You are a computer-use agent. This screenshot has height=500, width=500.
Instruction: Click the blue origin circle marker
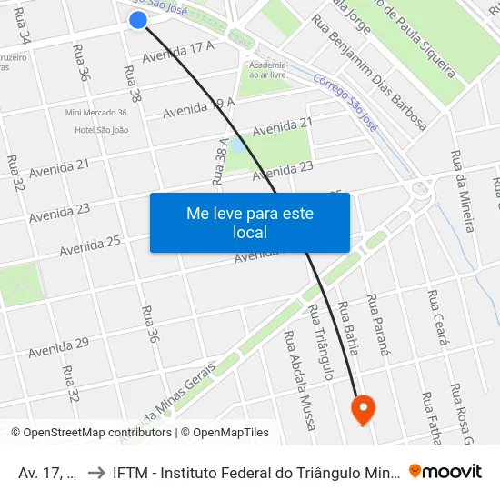[x=138, y=20]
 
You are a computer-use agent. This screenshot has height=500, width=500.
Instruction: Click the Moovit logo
[x=445, y=472]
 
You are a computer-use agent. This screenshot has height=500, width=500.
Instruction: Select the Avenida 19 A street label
[x=198, y=107]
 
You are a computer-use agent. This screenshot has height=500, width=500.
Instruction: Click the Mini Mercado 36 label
[x=96, y=113]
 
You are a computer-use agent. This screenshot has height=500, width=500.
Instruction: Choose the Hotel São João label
[x=101, y=130]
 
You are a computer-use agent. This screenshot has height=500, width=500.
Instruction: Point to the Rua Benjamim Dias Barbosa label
[x=367, y=72]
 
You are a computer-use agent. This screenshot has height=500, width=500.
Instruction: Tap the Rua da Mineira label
[x=462, y=190]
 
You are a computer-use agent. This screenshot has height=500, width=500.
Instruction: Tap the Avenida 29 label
[x=57, y=347]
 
